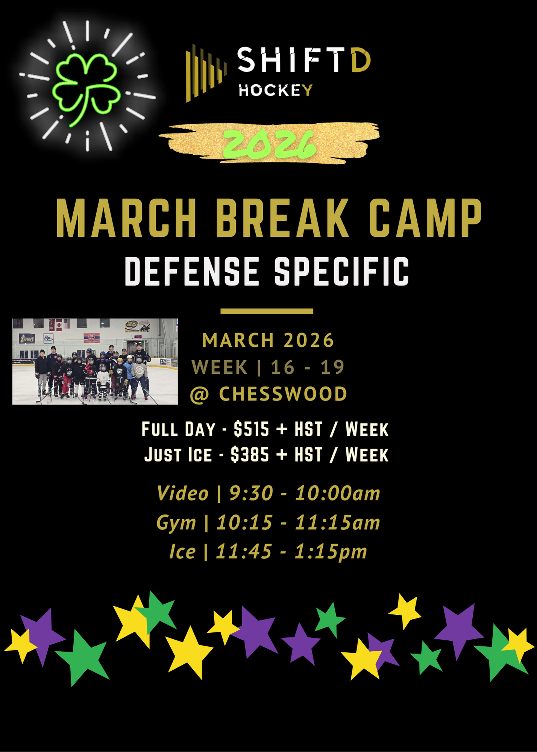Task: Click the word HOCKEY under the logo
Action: [x=276, y=91]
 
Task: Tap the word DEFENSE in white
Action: [x=192, y=271]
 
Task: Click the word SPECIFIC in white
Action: [x=341, y=271]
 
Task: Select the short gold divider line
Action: [x=267, y=311]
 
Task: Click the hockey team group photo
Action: [x=95, y=361]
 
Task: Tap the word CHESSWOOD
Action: [x=283, y=394]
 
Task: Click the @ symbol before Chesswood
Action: [x=199, y=395]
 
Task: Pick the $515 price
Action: [x=251, y=429]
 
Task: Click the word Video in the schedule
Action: [x=182, y=493]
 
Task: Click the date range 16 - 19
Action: [x=307, y=367]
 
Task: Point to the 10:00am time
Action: [x=337, y=493]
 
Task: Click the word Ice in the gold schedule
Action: [x=182, y=552]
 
